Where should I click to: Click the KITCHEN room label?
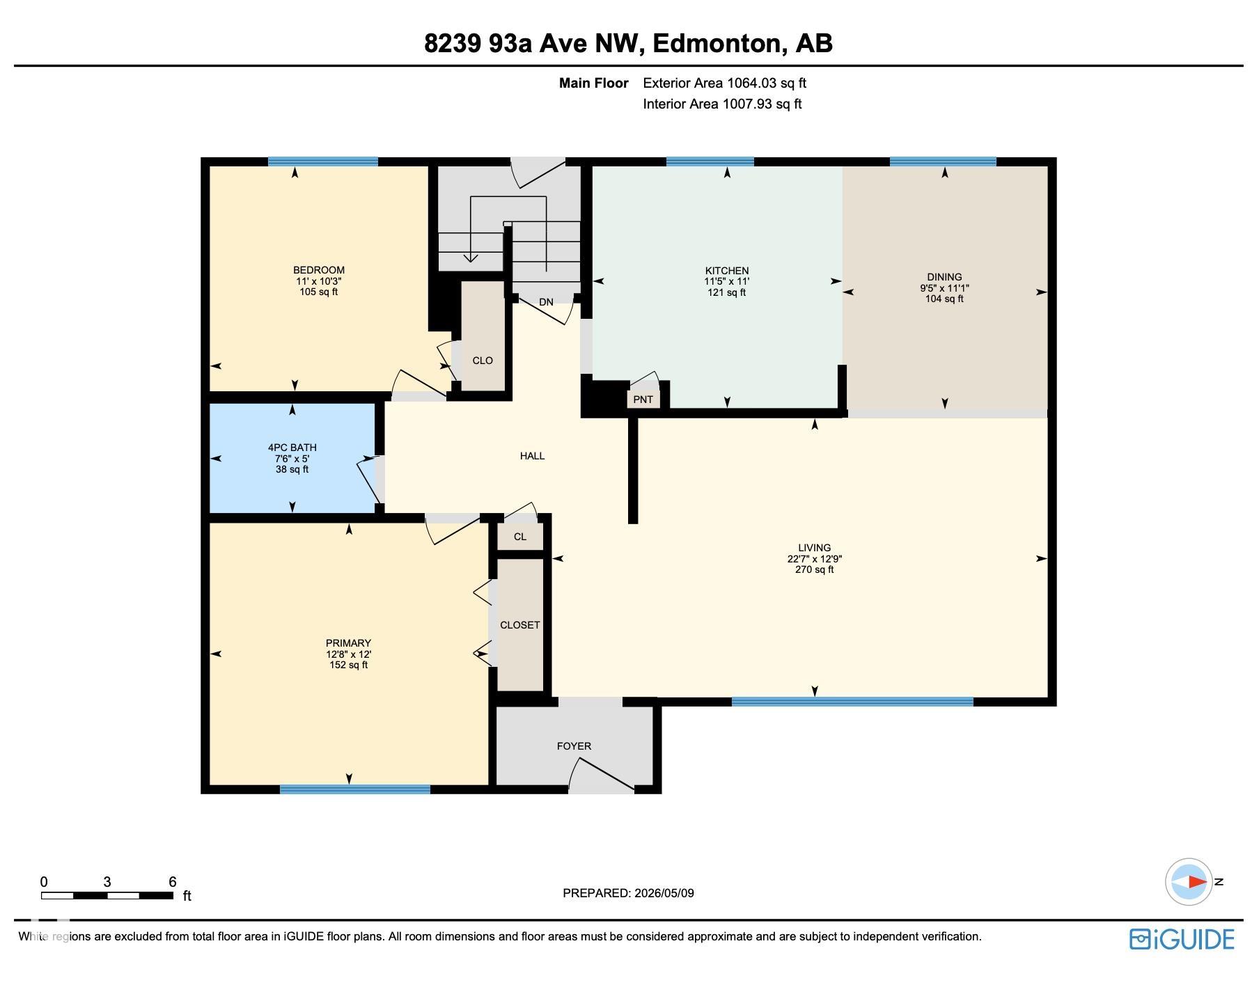pyautogui.click(x=726, y=271)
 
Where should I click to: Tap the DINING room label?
pyautogui.click(x=944, y=277)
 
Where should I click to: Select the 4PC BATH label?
pyautogui.click(x=292, y=448)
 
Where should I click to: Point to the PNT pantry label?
pyautogui.click(x=643, y=400)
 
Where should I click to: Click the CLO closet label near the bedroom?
pyautogui.click(x=483, y=361)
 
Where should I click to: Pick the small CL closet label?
pyautogui.click(x=519, y=537)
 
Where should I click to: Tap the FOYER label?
pyautogui.click(x=574, y=746)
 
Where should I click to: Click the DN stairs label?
pyautogui.click(x=546, y=302)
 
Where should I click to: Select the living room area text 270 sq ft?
pyautogui.click(x=814, y=569)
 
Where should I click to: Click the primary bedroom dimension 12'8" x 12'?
pyautogui.click(x=348, y=654)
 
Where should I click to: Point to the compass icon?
pyautogui.click(x=1189, y=882)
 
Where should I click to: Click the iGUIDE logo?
pyautogui.click(x=1182, y=939)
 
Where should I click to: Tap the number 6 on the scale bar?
pyautogui.click(x=173, y=882)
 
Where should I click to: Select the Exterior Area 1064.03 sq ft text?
pyautogui.click(x=724, y=84)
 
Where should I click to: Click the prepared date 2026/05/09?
pyautogui.click(x=664, y=893)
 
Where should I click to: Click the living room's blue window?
pyautogui.click(x=852, y=702)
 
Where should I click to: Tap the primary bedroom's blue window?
pyautogui.click(x=355, y=789)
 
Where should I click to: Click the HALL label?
pyautogui.click(x=532, y=456)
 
